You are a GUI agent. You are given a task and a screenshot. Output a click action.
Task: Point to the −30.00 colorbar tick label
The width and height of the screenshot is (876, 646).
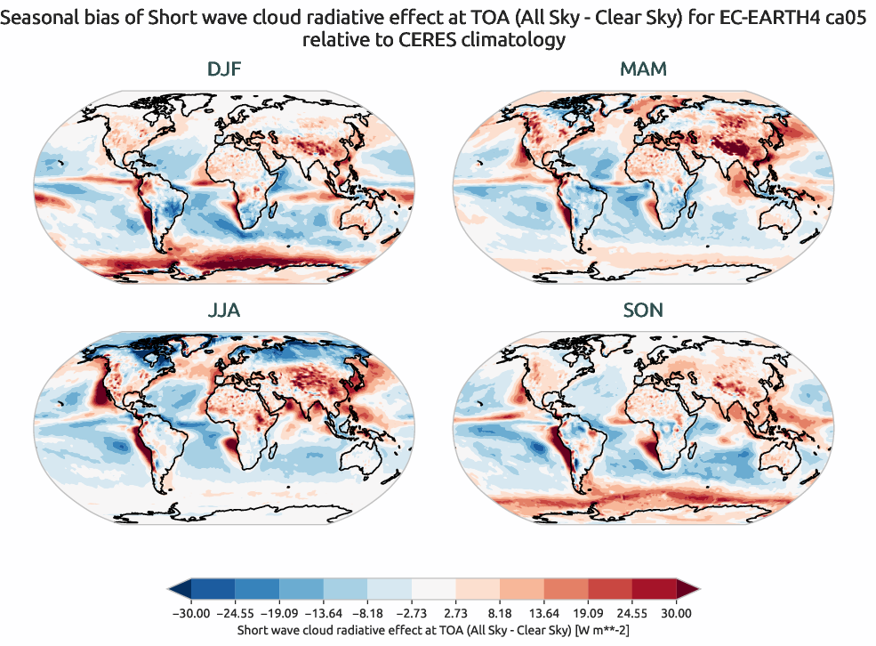190,613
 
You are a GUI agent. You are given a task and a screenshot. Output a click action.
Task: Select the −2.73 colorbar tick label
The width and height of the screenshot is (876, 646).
412,613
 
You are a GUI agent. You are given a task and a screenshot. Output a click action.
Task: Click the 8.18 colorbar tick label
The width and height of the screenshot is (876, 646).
500,613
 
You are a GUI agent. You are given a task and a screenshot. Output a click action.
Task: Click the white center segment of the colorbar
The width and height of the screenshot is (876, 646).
433,588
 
